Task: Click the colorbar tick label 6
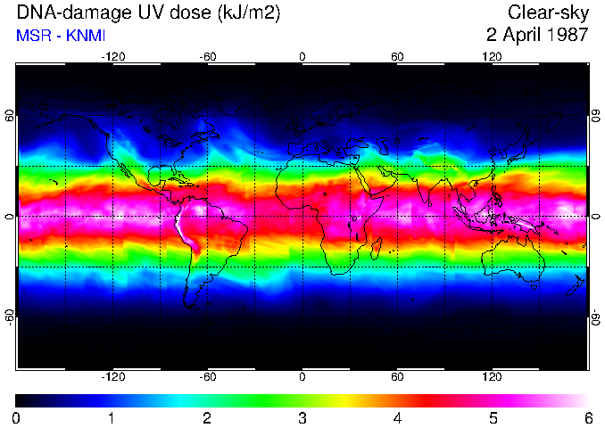pyautogui.click(x=587, y=417)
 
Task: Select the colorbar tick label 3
pyautogui.click(x=302, y=417)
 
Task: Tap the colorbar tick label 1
pyautogui.click(x=111, y=417)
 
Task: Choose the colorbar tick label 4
pyautogui.click(x=397, y=417)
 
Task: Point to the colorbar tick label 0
pyautogui.click(x=16, y=417)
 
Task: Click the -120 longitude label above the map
pyautogui.click(x=112, y=56)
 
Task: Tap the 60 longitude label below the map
pyautogui.click(x=397, y=377)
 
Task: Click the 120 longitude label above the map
pyautogui.click(x=492, y=56)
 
